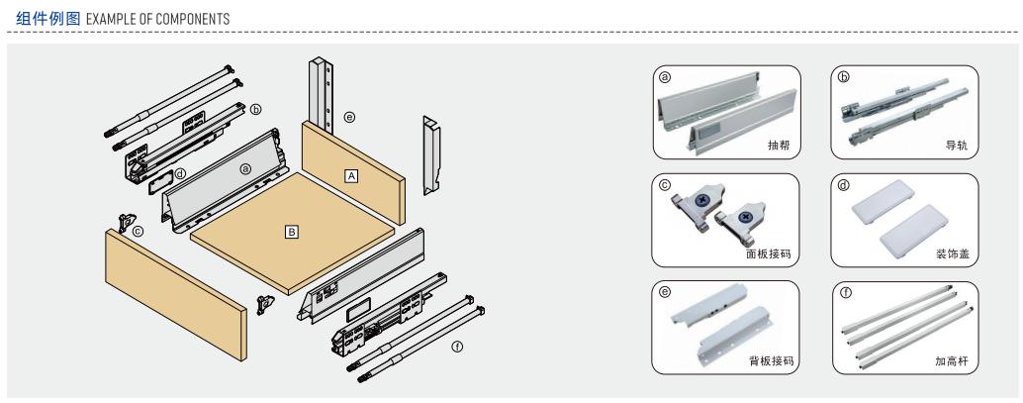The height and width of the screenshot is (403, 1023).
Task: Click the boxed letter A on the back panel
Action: [351, 175]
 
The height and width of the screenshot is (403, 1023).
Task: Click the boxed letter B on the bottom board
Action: [292, 232]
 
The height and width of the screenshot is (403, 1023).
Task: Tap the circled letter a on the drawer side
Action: [244, 168]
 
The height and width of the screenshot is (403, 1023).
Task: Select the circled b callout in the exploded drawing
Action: [255, 109]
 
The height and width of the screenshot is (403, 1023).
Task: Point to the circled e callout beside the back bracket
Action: [349, 117]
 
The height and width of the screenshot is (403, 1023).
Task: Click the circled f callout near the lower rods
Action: [456, 347]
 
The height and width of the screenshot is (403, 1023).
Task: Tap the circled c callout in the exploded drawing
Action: [139, 232]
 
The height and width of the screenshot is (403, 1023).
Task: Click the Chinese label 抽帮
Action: [779, 145]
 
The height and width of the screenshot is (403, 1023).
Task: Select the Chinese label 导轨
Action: [956, 145]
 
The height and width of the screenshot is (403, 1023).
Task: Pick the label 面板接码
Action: [769, 253]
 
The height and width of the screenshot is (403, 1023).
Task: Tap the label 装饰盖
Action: [952, 253]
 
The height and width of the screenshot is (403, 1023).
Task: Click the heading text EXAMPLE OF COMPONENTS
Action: [158, 19]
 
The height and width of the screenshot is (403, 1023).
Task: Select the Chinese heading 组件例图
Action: [47, 19]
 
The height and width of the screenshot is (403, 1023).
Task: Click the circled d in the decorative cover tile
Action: [843, 185]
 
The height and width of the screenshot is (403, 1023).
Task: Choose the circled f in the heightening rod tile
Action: [845, 293]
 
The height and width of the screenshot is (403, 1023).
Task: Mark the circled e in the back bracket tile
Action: [665, 293]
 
